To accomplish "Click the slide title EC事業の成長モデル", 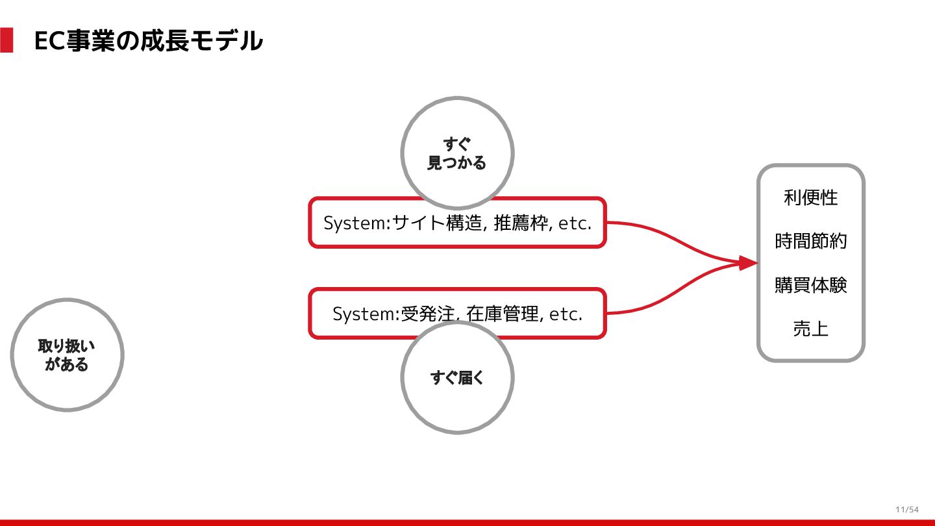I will pos(148,41).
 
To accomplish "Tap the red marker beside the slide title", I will pos(6,40).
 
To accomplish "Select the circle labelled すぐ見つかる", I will pos(457,153).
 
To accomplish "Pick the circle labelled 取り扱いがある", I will pos(67,355).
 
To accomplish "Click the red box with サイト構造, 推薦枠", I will pos(457,223).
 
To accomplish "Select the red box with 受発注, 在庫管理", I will pos(457,314).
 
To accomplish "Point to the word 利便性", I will pos(810,197).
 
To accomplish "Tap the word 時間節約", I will pos(810,242).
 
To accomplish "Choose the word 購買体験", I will pos(810,285).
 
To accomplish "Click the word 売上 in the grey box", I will pos(810,329).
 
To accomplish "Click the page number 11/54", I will pos(907,509).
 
